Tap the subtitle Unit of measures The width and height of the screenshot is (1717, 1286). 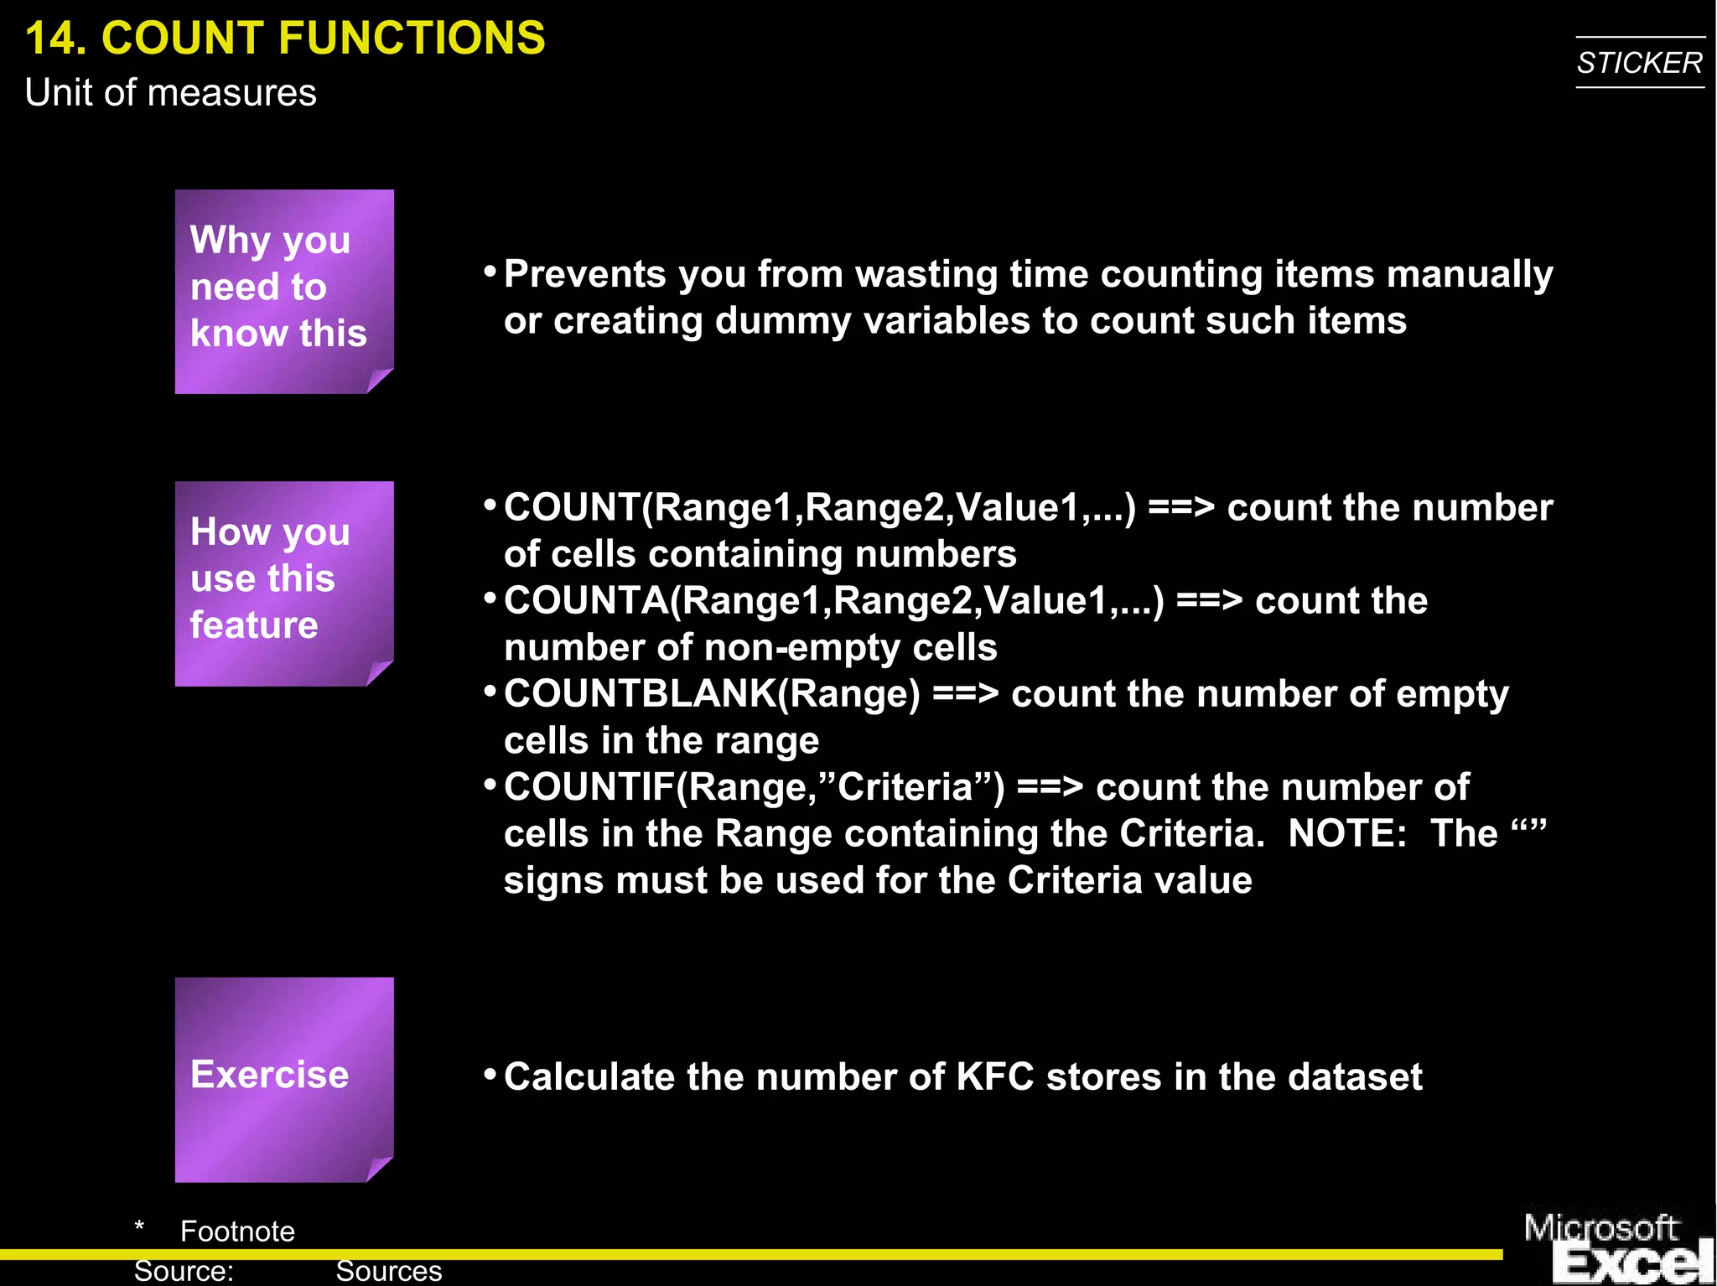170,93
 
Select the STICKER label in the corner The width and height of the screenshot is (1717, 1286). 1639,63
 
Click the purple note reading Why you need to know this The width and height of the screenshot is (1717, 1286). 283,289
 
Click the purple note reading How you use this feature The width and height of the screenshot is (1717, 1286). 283,582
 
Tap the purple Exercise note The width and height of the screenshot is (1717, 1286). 283,1078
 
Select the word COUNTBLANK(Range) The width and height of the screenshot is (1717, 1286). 712,694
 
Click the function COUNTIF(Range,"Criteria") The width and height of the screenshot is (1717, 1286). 754,787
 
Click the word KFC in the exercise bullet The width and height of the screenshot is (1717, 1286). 995,1077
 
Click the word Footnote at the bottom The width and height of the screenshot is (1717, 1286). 237,1232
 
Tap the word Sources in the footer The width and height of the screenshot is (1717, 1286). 388,1271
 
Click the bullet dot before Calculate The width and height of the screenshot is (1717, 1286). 490,1074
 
